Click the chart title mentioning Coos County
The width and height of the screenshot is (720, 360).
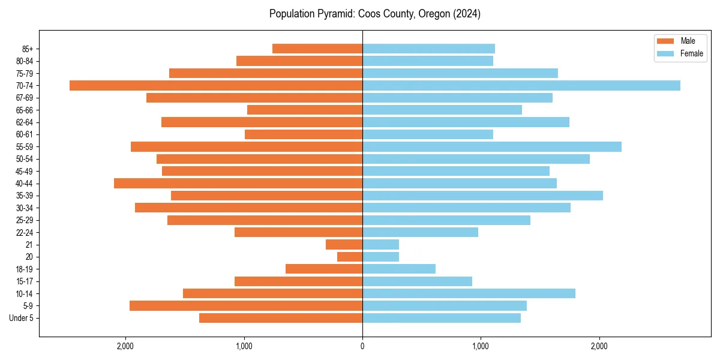374,14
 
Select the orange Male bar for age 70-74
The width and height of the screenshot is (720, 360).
216,85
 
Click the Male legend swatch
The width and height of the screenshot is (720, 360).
666,41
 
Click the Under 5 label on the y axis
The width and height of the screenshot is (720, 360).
21,318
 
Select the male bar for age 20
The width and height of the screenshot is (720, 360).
350,257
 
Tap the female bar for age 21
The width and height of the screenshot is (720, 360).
380,244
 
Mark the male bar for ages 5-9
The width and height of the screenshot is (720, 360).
246,306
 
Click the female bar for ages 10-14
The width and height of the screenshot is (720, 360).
469,293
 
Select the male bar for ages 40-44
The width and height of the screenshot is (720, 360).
238,183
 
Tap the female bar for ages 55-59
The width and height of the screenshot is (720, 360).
492,146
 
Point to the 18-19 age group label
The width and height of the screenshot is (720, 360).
25,269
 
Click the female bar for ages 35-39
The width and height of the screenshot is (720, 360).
482,196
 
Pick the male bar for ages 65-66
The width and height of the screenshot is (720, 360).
305,110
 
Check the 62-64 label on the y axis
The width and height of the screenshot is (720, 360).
25,122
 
